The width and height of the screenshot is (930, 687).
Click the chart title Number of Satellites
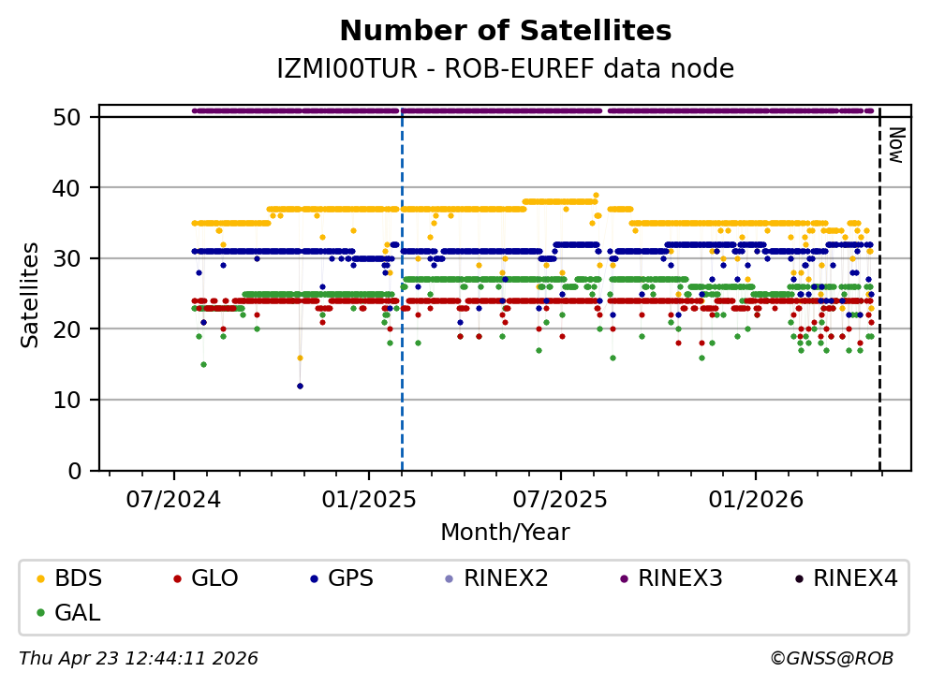point(505,32)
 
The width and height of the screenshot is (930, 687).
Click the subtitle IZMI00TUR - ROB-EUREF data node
point(505,69)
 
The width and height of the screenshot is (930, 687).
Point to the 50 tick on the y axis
point(76,117)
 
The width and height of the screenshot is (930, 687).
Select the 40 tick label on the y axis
point(76,188)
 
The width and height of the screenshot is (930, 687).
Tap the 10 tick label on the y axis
point(76,400)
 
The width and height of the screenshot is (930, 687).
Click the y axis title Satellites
point(31,294)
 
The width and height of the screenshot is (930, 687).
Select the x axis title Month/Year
point(505,533)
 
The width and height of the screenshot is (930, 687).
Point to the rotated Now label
point(895,145)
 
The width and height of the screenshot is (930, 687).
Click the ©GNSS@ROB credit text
point(832,659)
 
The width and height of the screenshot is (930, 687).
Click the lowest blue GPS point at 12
point(300,386)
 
